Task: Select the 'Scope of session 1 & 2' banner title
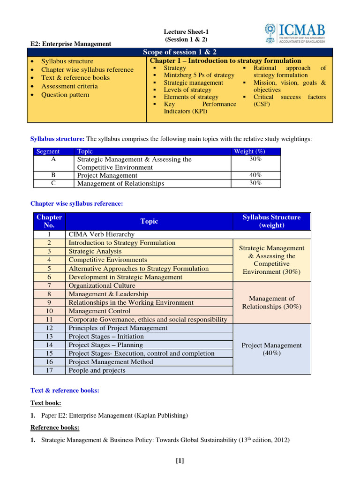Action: [180, 52]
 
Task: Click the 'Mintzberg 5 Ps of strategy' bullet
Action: [199, 75]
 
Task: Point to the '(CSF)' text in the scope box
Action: [262, 104]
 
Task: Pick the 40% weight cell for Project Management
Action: [255, 175]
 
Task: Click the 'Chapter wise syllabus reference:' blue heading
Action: [76, 203]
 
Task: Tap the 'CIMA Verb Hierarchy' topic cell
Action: [101, 234]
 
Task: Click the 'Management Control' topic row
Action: [100, 311]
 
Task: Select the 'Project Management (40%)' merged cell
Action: [271, 349]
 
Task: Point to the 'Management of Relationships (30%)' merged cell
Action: [271, 302]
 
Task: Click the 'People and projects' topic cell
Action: [97, 370]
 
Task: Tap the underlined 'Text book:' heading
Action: [45, 403]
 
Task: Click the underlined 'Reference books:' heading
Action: [55, 427]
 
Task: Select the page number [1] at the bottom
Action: [180, 460]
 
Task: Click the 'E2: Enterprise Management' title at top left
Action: [71, 44]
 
